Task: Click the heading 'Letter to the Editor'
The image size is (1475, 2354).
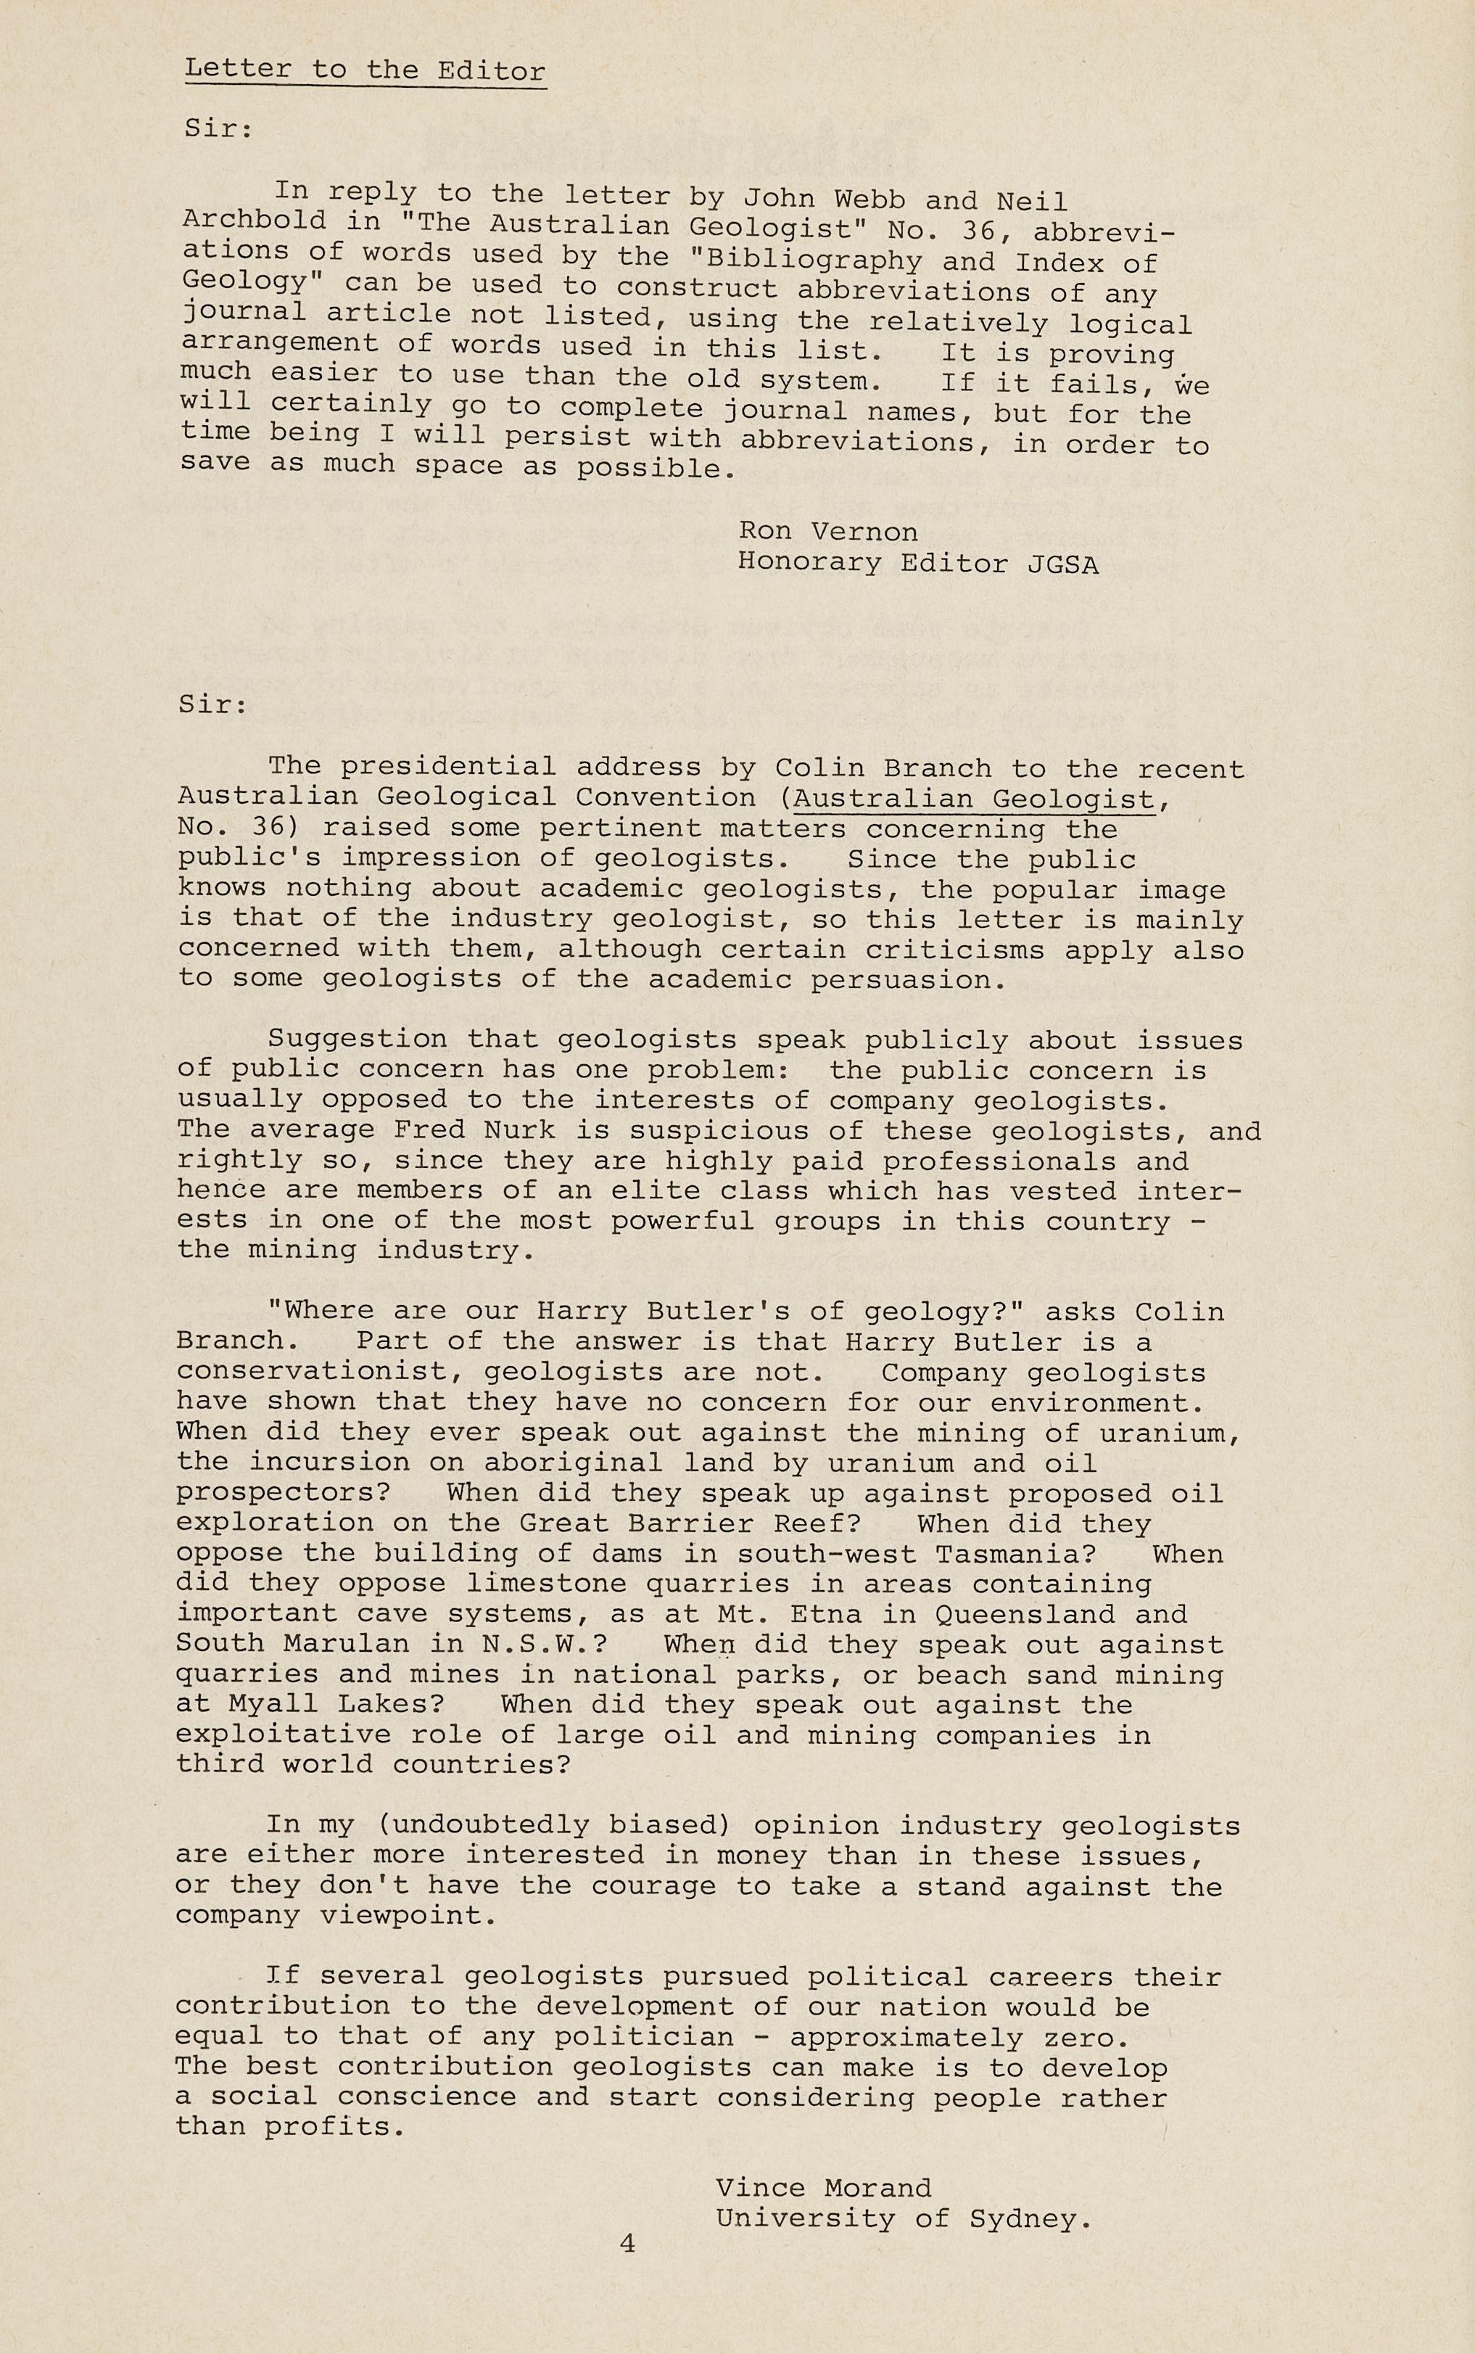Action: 365,70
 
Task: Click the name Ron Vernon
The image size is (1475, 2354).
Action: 827,532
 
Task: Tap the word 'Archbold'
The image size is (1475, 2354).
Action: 255,221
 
